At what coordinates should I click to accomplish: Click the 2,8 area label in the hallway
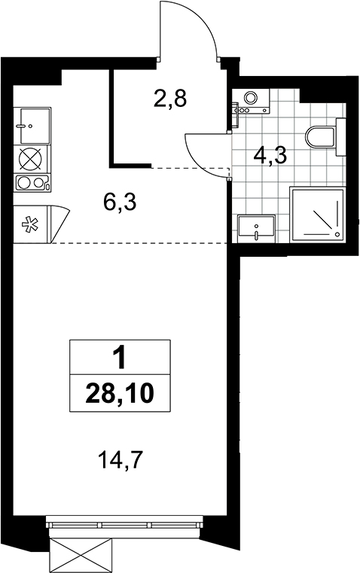[170, 99]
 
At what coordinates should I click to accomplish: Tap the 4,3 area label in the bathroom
[270, 156]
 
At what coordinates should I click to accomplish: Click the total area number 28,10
[120, 394]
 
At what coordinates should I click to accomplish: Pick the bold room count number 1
[120, 359]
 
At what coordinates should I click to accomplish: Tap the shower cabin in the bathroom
[317, 214]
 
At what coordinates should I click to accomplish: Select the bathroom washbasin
[256, 228]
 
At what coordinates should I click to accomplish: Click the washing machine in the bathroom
[251, 100]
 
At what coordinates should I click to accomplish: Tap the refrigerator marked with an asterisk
[31, 224]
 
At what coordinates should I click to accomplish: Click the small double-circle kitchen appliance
[32, 183]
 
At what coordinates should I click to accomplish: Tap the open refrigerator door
[59, 224]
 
